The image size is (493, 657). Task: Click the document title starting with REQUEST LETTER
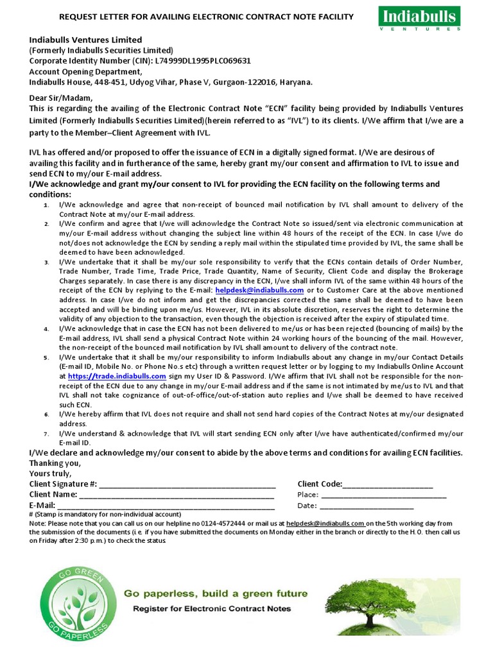(207, 16)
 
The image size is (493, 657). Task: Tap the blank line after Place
(383, 495)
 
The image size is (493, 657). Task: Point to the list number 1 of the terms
(46, 205)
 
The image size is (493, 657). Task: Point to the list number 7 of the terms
(46, 434)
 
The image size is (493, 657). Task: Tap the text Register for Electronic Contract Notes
(216, 608)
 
